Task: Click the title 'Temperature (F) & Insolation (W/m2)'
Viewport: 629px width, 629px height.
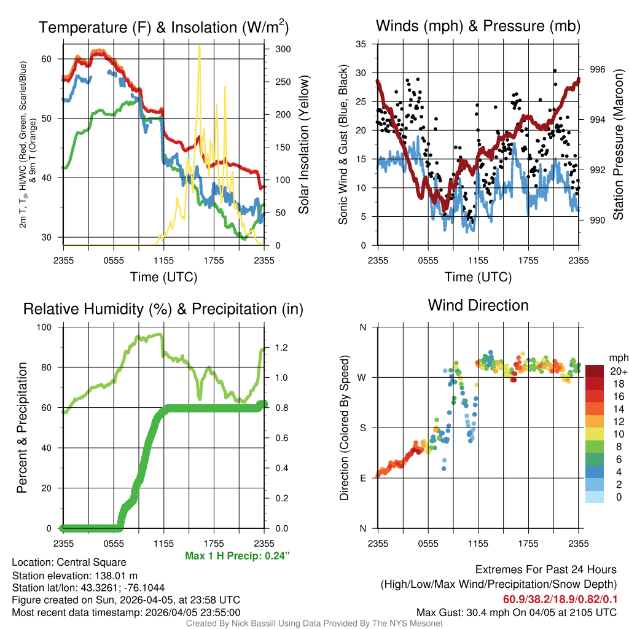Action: point(163,28)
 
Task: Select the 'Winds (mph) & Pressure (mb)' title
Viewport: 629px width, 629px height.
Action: point(478,26)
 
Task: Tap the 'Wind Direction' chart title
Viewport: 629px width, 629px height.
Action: point(478,305)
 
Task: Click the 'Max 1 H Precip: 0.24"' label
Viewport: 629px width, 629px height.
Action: point(237,556)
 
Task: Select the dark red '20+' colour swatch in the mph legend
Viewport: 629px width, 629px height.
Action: point(595,371)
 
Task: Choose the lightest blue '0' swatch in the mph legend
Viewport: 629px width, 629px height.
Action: point(595,497)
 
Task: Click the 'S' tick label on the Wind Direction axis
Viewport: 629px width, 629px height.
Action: point(362,428)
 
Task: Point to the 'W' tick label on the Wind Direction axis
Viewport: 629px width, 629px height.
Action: point(362,377)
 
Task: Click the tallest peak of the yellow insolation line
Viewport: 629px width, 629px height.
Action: point(199,46)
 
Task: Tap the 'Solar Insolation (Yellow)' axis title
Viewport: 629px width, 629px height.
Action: point(303,145)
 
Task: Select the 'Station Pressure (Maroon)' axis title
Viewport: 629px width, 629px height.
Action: point(618,145)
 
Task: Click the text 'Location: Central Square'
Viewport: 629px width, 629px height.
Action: point(69,562)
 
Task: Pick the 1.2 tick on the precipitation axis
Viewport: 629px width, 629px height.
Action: point(282,348)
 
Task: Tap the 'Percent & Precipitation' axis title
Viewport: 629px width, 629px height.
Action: point(22,428)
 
